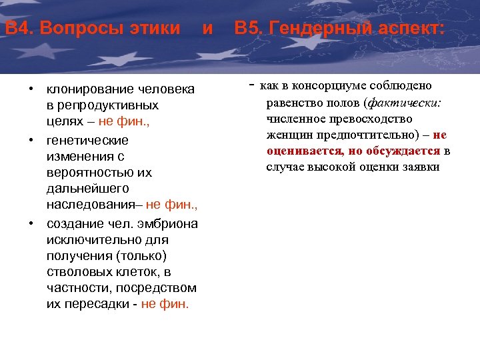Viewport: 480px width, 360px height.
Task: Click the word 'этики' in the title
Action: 157,29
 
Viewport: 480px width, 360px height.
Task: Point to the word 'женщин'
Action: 286,135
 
